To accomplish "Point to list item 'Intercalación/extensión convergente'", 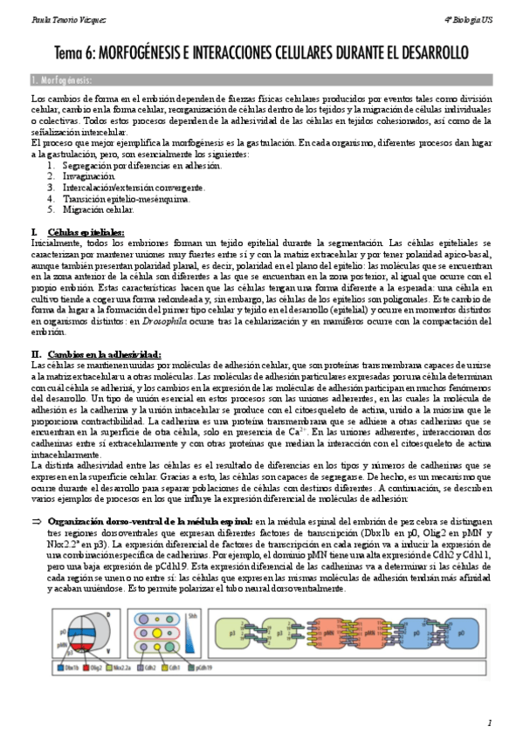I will coord(134,187).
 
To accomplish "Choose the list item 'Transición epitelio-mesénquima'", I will coord(126,198).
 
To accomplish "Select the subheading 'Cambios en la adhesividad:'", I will coord(104,353).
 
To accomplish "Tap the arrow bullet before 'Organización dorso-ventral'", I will coord(36,521).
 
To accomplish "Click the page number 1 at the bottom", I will coord(490,723).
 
